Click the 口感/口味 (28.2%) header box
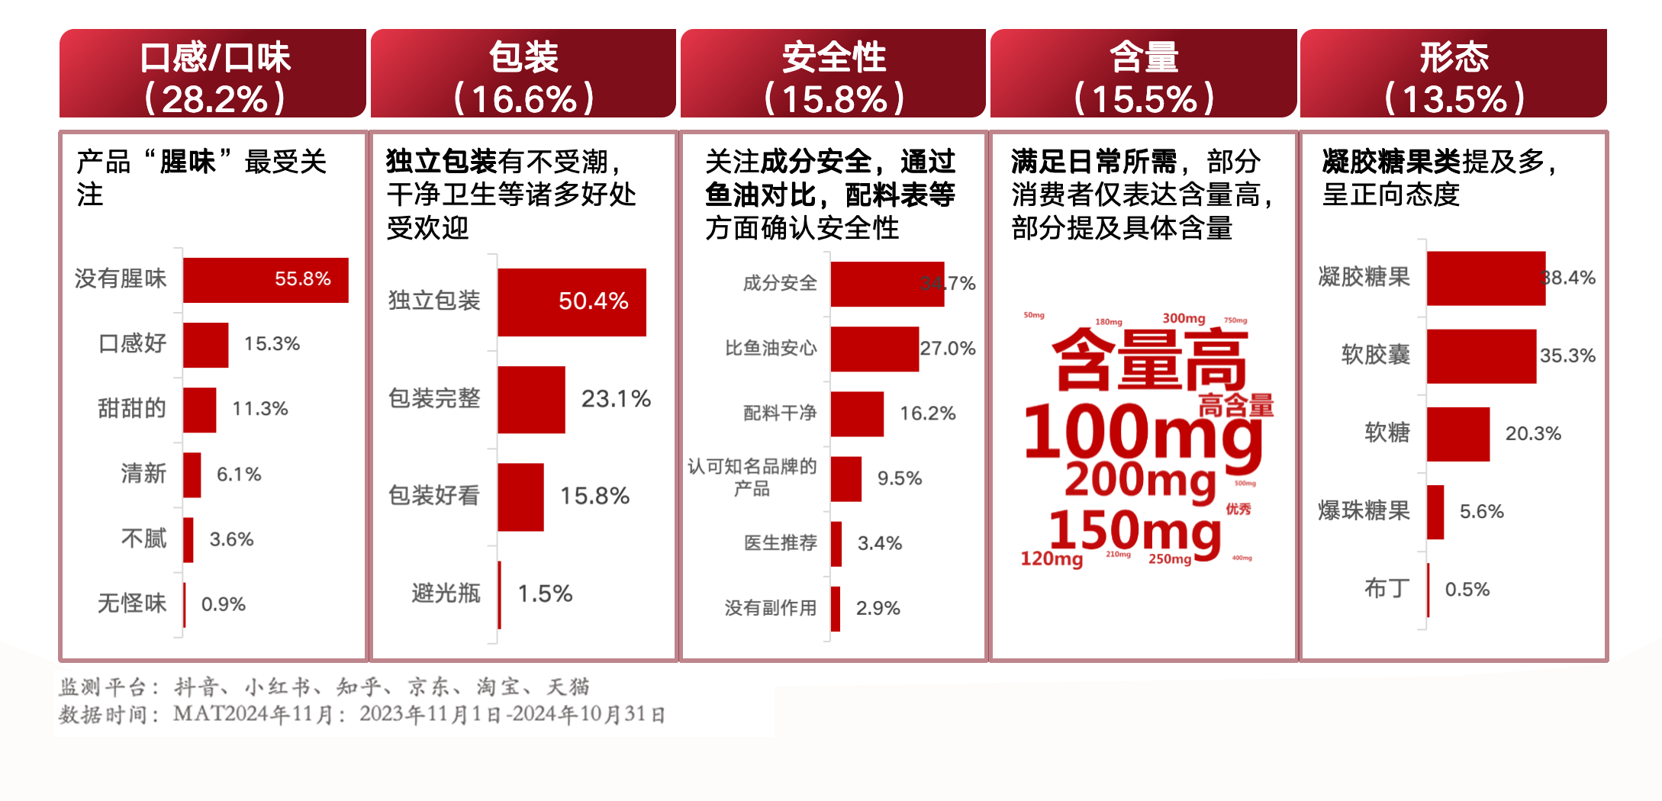213,74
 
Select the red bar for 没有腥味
265,280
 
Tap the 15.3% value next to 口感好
272,344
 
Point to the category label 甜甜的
131,409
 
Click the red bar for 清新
192,474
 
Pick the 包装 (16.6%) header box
523,74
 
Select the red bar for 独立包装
572,302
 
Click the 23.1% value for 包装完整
616,399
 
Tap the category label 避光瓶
446,594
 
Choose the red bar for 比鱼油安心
874,349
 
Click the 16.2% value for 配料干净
927,413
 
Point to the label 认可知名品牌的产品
752,478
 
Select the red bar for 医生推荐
836,544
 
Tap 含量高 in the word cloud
1149,360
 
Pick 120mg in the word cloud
1052,559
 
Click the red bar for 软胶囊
1481,356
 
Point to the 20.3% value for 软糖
1533,434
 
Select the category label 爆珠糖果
1364,511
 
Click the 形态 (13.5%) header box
1454,74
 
